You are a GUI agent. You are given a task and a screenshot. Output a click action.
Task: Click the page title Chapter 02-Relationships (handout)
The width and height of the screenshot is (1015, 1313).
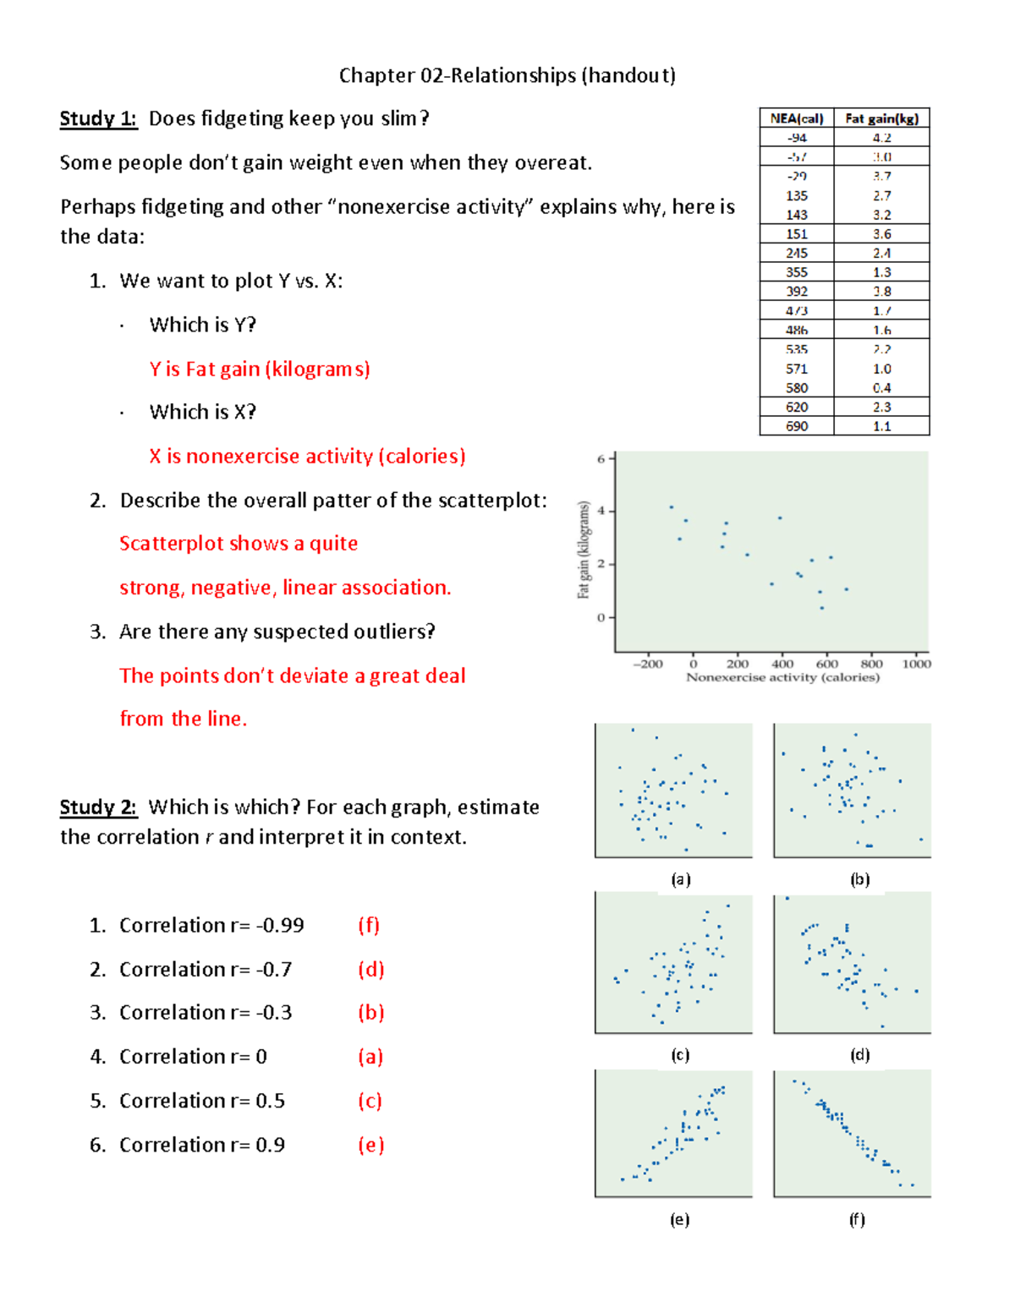tap(507, 75)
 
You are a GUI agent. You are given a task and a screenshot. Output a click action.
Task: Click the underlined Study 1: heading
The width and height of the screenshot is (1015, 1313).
tap(98, 118)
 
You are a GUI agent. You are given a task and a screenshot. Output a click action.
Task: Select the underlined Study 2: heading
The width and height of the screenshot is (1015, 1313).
tap(98, 807)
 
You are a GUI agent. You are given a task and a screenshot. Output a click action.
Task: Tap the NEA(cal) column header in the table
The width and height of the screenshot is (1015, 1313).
tap(796, 118)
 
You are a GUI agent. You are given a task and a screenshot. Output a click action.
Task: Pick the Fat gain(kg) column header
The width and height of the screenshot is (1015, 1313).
tap(881, 118)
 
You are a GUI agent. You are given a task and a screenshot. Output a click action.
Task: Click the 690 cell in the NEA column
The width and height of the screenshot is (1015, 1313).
tap(797, 426)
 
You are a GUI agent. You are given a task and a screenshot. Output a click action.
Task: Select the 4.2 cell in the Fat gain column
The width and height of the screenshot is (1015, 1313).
tap(881, 138)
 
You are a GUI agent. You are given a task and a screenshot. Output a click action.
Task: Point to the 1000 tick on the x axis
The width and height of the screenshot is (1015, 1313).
tap(916, 664)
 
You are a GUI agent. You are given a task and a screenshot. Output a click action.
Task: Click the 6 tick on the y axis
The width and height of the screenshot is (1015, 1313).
tap(601, 459)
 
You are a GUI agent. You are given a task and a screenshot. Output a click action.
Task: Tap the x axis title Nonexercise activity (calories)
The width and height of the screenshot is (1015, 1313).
tap(782, 677)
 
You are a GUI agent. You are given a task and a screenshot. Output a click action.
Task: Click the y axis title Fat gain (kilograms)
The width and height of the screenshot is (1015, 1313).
tap(584, 550)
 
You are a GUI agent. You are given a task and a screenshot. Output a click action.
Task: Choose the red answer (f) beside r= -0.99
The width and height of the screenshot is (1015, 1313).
tap(369, 925)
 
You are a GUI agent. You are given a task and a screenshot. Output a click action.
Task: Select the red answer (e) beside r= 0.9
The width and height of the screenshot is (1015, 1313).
tap(371, 1145)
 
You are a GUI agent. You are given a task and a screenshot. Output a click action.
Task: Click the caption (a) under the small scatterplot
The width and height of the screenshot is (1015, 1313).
tap(681, 879)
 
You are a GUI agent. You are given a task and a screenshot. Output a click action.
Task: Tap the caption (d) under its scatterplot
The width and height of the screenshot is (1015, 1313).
tap(859, 1054)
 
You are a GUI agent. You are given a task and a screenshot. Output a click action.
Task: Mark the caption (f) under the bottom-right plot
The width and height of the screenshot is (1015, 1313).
tap(857, 1219)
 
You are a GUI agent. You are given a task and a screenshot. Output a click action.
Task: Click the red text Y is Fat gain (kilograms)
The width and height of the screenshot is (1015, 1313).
tap(260, 369)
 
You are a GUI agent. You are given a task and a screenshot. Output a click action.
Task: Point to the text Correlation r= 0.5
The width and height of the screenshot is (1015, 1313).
tap(202, 1101)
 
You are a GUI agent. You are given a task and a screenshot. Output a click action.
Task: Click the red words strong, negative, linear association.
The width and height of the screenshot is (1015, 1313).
tap(285, 588)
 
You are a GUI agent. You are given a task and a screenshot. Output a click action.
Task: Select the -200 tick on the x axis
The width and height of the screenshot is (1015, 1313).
tap(648, 664)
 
